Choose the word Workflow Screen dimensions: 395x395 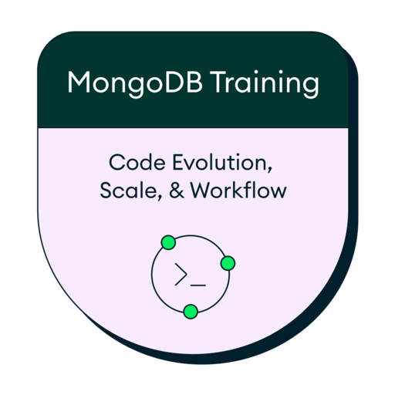click(238, 190)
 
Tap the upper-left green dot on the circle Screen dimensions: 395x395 click(168, 244)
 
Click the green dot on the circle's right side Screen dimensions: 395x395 click(228, 264)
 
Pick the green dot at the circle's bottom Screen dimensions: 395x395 click(191, 312)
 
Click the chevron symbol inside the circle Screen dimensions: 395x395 click(181, 275)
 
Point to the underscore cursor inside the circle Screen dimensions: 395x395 click(198, 285)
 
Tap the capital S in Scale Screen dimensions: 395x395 click(106, 190)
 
